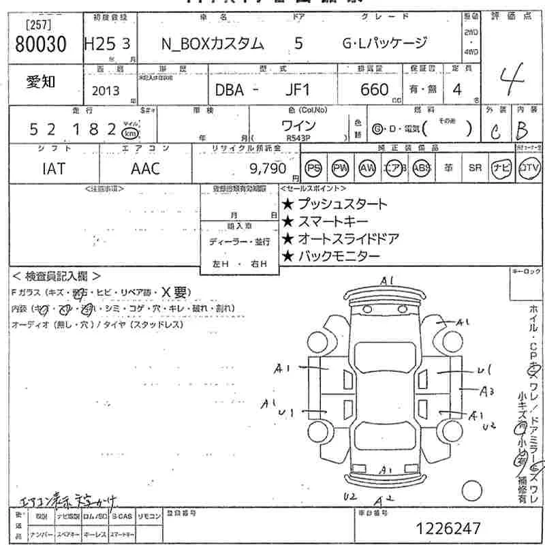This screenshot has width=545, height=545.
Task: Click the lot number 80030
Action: pyautogui.click(x=41, y=44)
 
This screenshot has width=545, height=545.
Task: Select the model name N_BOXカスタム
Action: pyautogui.click(x=211, y=44)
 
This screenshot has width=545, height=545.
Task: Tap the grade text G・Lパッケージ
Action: pyautogui.click(x=384, y=44)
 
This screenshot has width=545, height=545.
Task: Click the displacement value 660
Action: pyautogui.click(x=375, y=90)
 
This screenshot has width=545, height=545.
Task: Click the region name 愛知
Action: pyautogui.click(x=41, y=82)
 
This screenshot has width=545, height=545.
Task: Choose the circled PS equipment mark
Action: pyautogui.click(x=313, y=168)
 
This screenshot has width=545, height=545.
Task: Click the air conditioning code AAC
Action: pyautogui.click(x=145, y=168)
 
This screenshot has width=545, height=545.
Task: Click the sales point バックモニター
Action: pyautogui.click(x=330, y=256)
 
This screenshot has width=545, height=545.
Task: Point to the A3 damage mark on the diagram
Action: pyautogui.click(x=486, y=391)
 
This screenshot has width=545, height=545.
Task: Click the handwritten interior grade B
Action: pyautogui.click(x=522, y=129)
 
